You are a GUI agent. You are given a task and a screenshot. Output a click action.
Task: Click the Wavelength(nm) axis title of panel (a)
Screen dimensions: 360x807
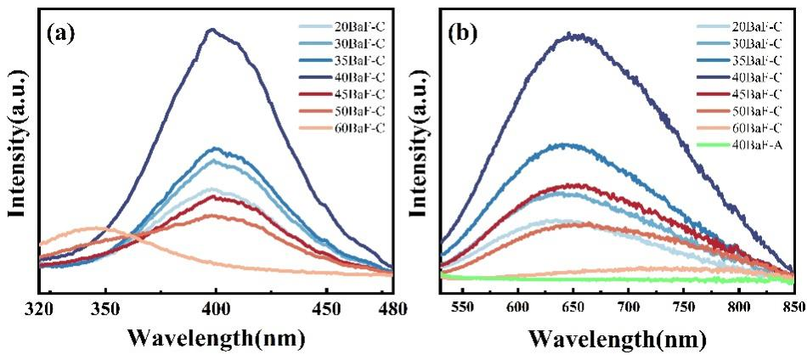(216, 337)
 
